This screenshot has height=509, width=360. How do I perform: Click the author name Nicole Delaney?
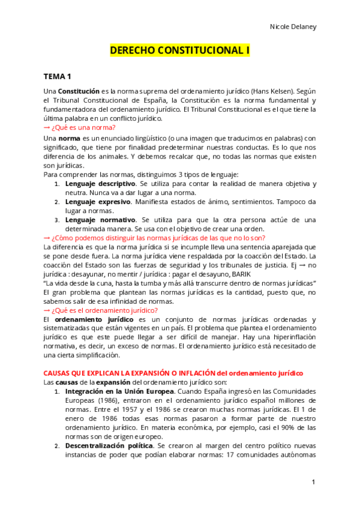[293, 27]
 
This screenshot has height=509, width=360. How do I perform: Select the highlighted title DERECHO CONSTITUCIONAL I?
[179, 52]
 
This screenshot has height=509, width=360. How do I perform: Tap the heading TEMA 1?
[57, 76]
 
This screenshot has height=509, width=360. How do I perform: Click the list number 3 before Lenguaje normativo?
[57, 220]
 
